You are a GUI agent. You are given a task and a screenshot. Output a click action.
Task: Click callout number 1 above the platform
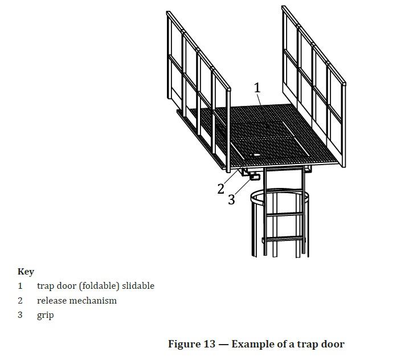(x=257, y=88)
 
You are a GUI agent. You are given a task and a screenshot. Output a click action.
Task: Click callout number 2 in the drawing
(x=220, y=189)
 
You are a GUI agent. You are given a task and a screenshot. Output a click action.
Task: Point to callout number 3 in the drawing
(x=231, y=199)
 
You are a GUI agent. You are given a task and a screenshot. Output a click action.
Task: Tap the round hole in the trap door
(x=256, y=155)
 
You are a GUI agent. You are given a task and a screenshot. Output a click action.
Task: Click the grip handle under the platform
(x=255, y=176)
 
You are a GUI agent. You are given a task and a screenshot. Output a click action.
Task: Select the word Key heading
(x=26, y=272)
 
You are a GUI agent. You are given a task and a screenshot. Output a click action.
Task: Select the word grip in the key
(x=46, y=316)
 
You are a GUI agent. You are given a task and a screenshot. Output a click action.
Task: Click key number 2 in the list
(x=20, y=301)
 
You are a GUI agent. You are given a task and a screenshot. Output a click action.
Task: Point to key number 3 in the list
(x=20, y=315)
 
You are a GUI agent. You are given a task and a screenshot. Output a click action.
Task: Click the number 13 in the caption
(x=210, y=344)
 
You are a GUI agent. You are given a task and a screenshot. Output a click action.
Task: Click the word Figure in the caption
(x=185, y=344)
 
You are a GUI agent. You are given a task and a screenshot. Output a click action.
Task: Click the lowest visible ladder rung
(x=284, y=239)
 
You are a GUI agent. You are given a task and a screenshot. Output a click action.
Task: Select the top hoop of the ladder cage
(x=280, y=196)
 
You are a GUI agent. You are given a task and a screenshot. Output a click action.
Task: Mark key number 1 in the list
(x=20, y=286)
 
